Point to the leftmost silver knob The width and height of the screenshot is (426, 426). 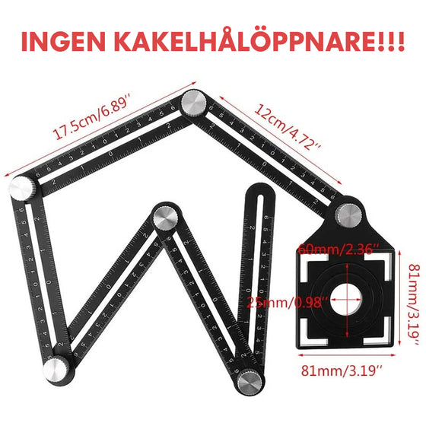[x=21, y=188]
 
